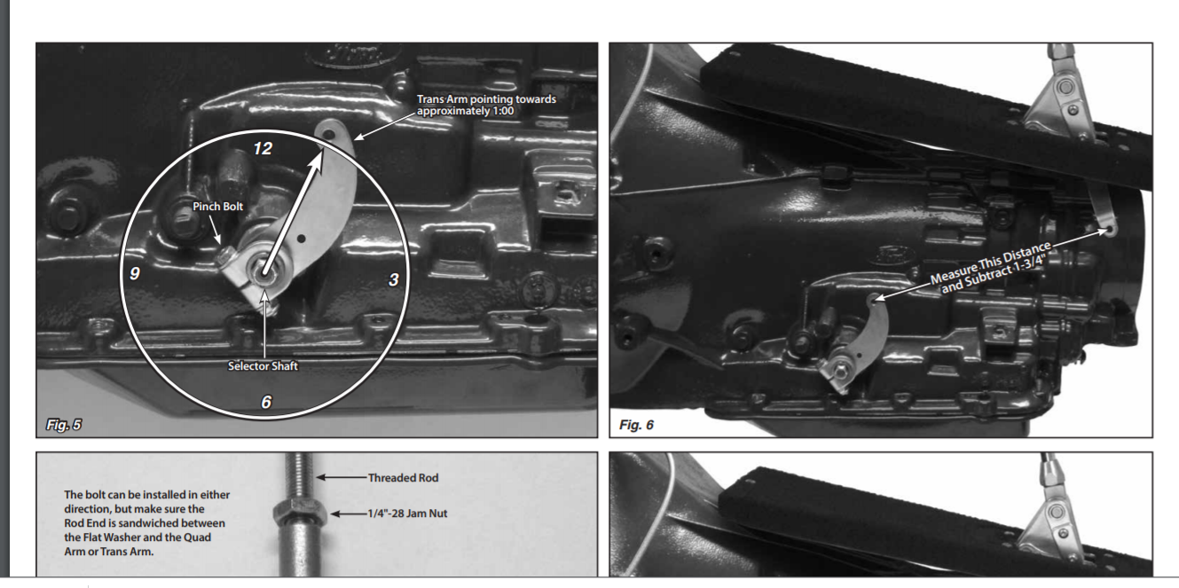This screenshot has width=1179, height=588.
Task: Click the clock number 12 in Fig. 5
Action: point(263,148)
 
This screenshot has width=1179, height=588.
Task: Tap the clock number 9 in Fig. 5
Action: point(135,273)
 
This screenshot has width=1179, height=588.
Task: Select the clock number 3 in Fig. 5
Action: point(394,279)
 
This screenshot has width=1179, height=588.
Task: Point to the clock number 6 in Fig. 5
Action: point(266,402)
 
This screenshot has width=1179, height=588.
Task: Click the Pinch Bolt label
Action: point(218,207)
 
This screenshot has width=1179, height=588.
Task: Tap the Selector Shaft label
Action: point(263,366)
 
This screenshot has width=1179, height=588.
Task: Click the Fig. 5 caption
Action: point(64,425)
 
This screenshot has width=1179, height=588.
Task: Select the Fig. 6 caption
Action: point(636,425)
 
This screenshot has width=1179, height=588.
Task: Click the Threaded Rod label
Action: point(403,477)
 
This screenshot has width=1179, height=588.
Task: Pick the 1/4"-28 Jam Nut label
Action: point(407,514)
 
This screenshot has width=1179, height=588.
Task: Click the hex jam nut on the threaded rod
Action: point(300,514)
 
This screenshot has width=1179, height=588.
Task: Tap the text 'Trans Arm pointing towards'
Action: point(486,99)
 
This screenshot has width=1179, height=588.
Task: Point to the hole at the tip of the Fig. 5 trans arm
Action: point(328,135)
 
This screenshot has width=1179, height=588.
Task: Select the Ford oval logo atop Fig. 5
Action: point(354,54)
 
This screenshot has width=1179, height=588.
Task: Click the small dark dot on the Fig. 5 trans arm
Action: point(302,239)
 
